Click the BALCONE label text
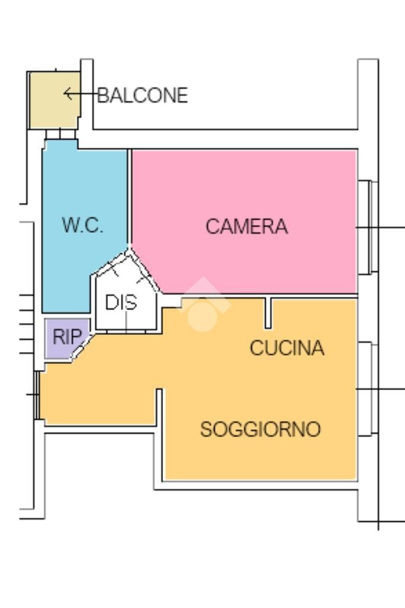tap(142, 95)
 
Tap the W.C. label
tap(82, 226)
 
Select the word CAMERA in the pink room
tap(246, 226)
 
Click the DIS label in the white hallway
tap(120, 303)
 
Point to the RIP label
tap(67, 337)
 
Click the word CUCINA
tap(286, 348)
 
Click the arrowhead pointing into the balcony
tap(67, 94)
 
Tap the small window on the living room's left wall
tap(37, 395)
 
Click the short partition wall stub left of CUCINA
tap(268, 312)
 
